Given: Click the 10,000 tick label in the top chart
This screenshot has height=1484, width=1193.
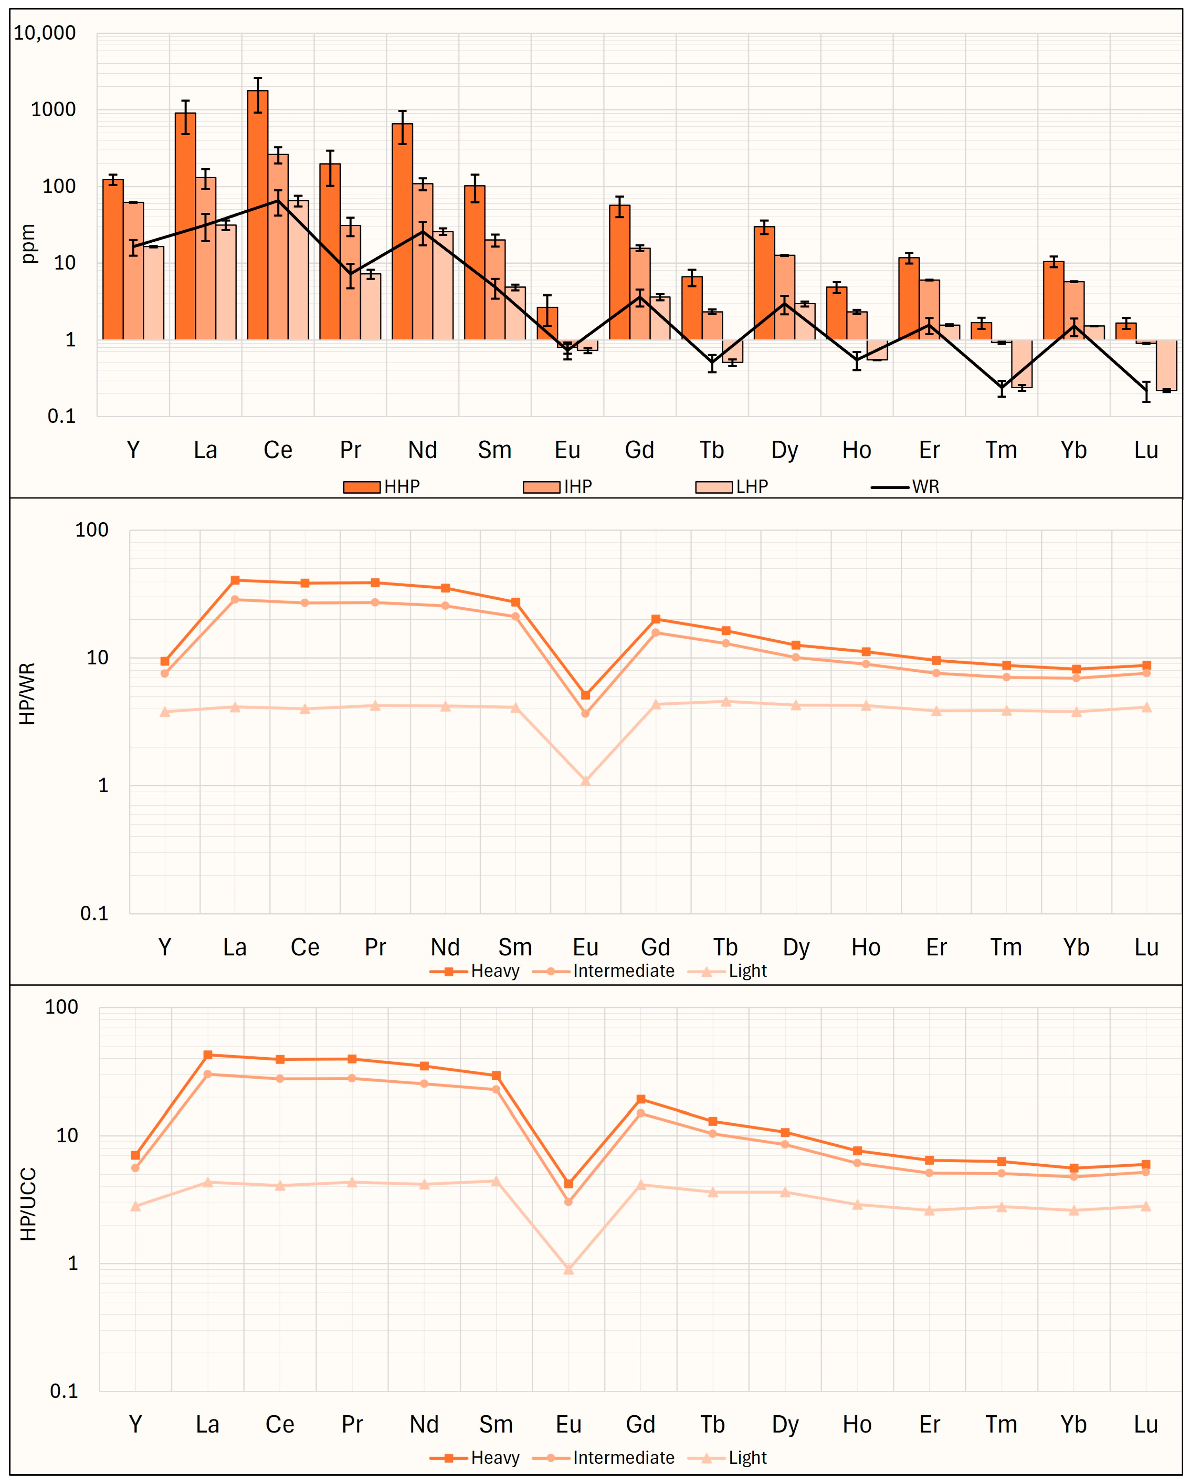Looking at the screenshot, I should [45, 32].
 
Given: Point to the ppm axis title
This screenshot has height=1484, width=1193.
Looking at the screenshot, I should [27, 244].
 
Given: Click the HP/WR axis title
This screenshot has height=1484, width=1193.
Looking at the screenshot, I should [27, 693].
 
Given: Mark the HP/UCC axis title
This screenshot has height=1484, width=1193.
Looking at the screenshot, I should [27, 1204].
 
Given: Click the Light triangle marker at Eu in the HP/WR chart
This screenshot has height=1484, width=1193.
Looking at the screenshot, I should [585, 780].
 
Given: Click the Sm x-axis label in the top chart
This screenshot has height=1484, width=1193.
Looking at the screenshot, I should [495, 450].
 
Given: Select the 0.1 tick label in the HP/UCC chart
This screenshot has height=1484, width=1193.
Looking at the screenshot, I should [64, 1391].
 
